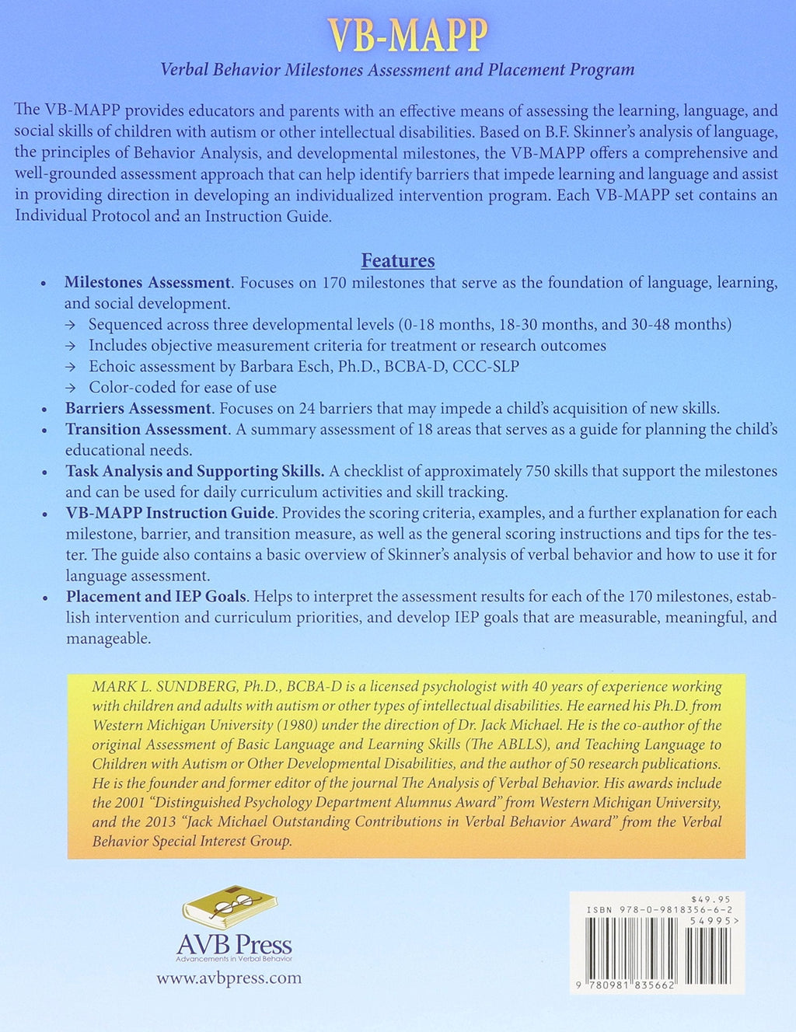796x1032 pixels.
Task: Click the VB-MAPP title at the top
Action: pos(407,34)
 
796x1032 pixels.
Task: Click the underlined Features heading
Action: pos(398,260)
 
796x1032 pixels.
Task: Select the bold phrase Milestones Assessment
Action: pos(148,283)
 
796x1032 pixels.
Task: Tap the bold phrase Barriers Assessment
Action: pos(138,408)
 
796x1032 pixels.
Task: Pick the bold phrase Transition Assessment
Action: pos(146,429)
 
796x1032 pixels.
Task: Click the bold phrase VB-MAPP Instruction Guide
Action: pos(170,513)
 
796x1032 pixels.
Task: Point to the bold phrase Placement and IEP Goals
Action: pos(156,597)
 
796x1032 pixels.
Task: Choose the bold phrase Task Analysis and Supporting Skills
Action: pos(195,471)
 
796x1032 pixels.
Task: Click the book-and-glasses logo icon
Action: pos(230,907)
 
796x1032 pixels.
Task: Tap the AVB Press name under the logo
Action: pos(234,945)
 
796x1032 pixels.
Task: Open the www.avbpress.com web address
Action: pos(229,978)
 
